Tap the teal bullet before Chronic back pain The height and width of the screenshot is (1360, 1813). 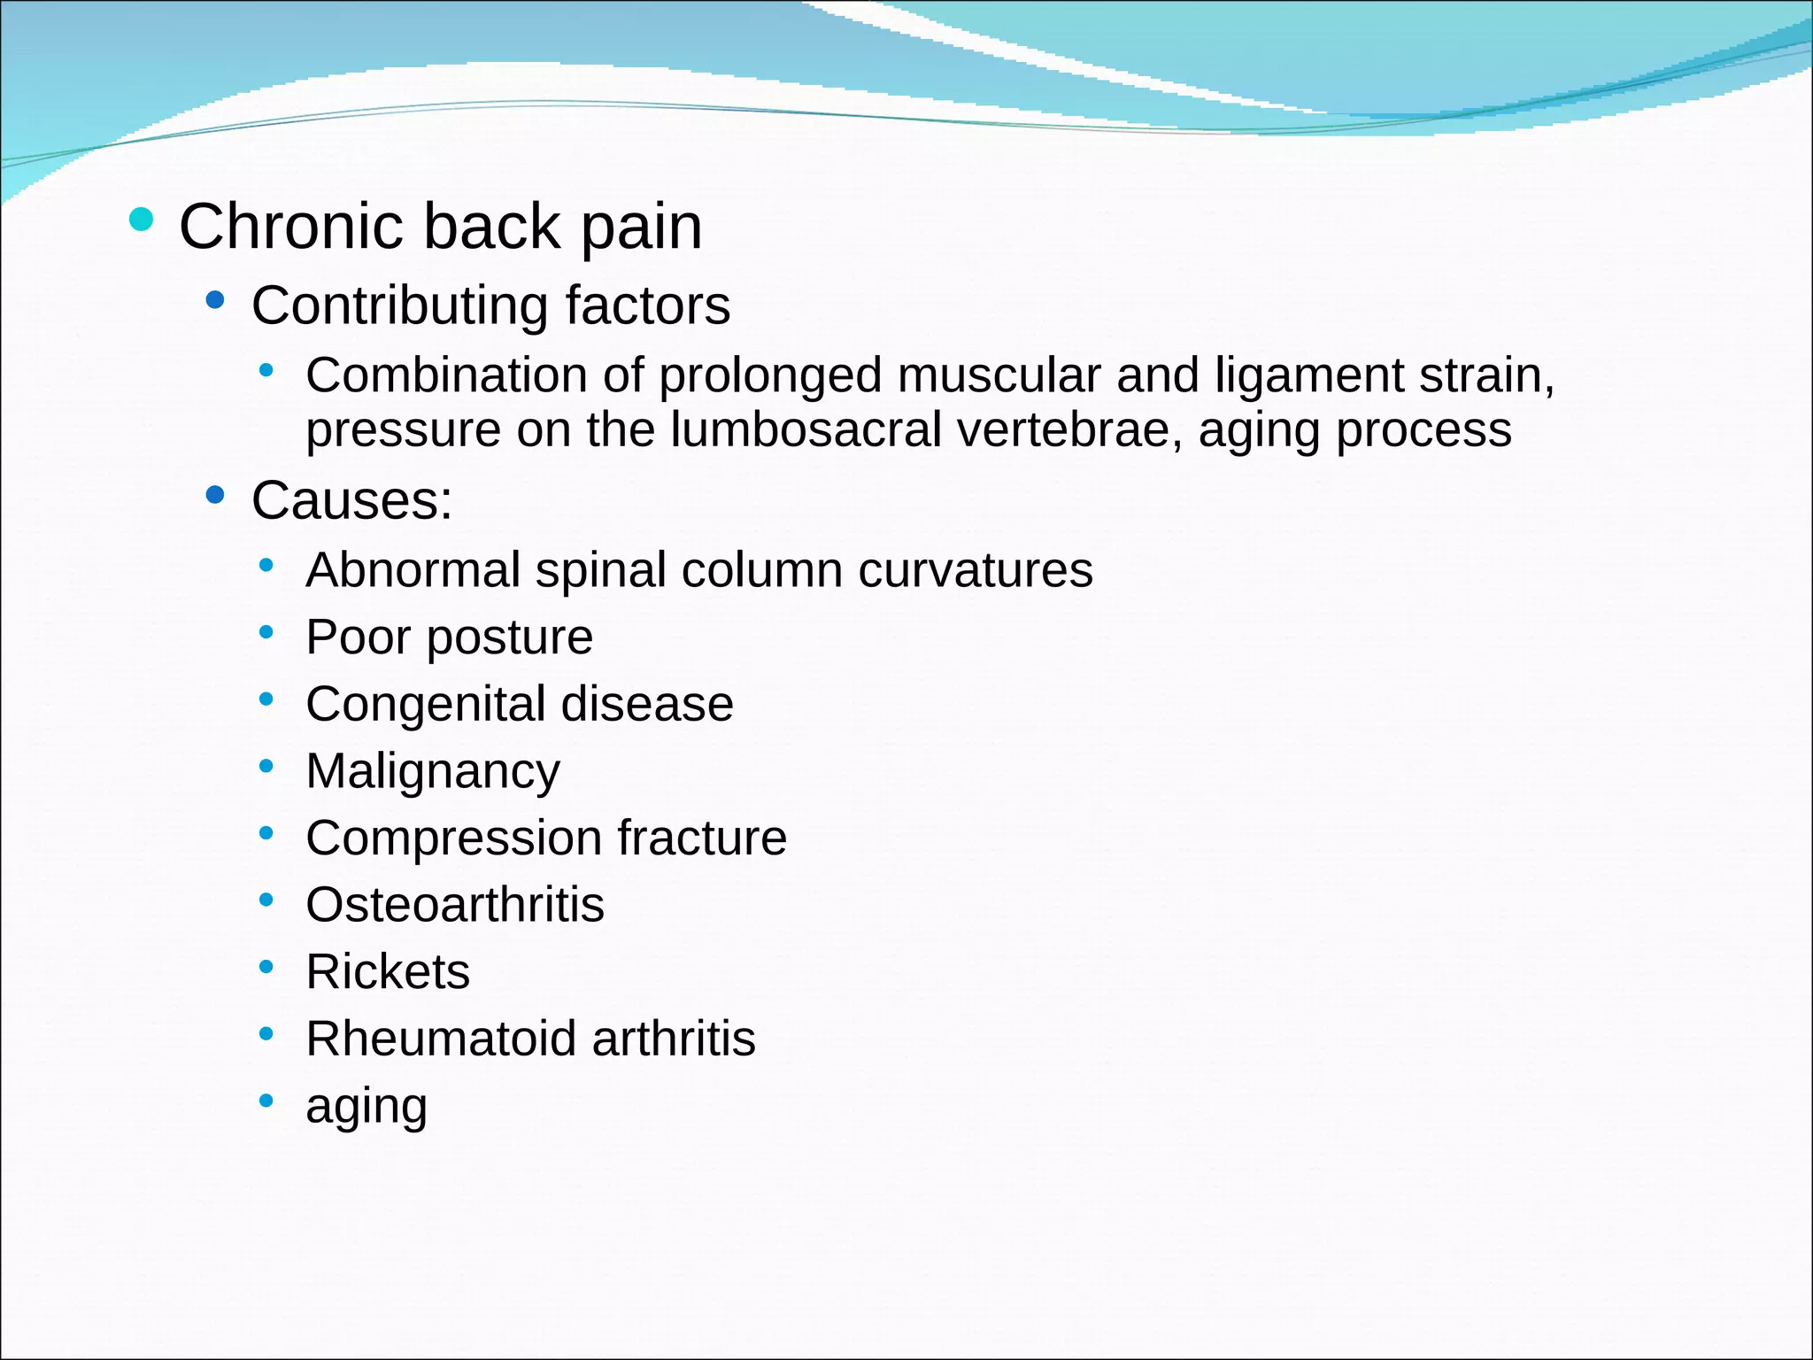point(141,219)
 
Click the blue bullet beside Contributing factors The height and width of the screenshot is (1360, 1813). point(214,300)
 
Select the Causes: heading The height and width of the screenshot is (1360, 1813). point(351,500)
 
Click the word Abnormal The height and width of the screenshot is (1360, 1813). point(413,569)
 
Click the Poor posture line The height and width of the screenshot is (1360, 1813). point(449,637)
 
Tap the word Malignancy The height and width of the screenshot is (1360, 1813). point(433,772)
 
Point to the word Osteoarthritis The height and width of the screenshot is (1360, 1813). point(455,905)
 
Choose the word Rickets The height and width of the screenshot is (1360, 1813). point(388,972)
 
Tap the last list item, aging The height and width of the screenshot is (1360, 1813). point(366,1107)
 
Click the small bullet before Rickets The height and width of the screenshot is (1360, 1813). point(266,966)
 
